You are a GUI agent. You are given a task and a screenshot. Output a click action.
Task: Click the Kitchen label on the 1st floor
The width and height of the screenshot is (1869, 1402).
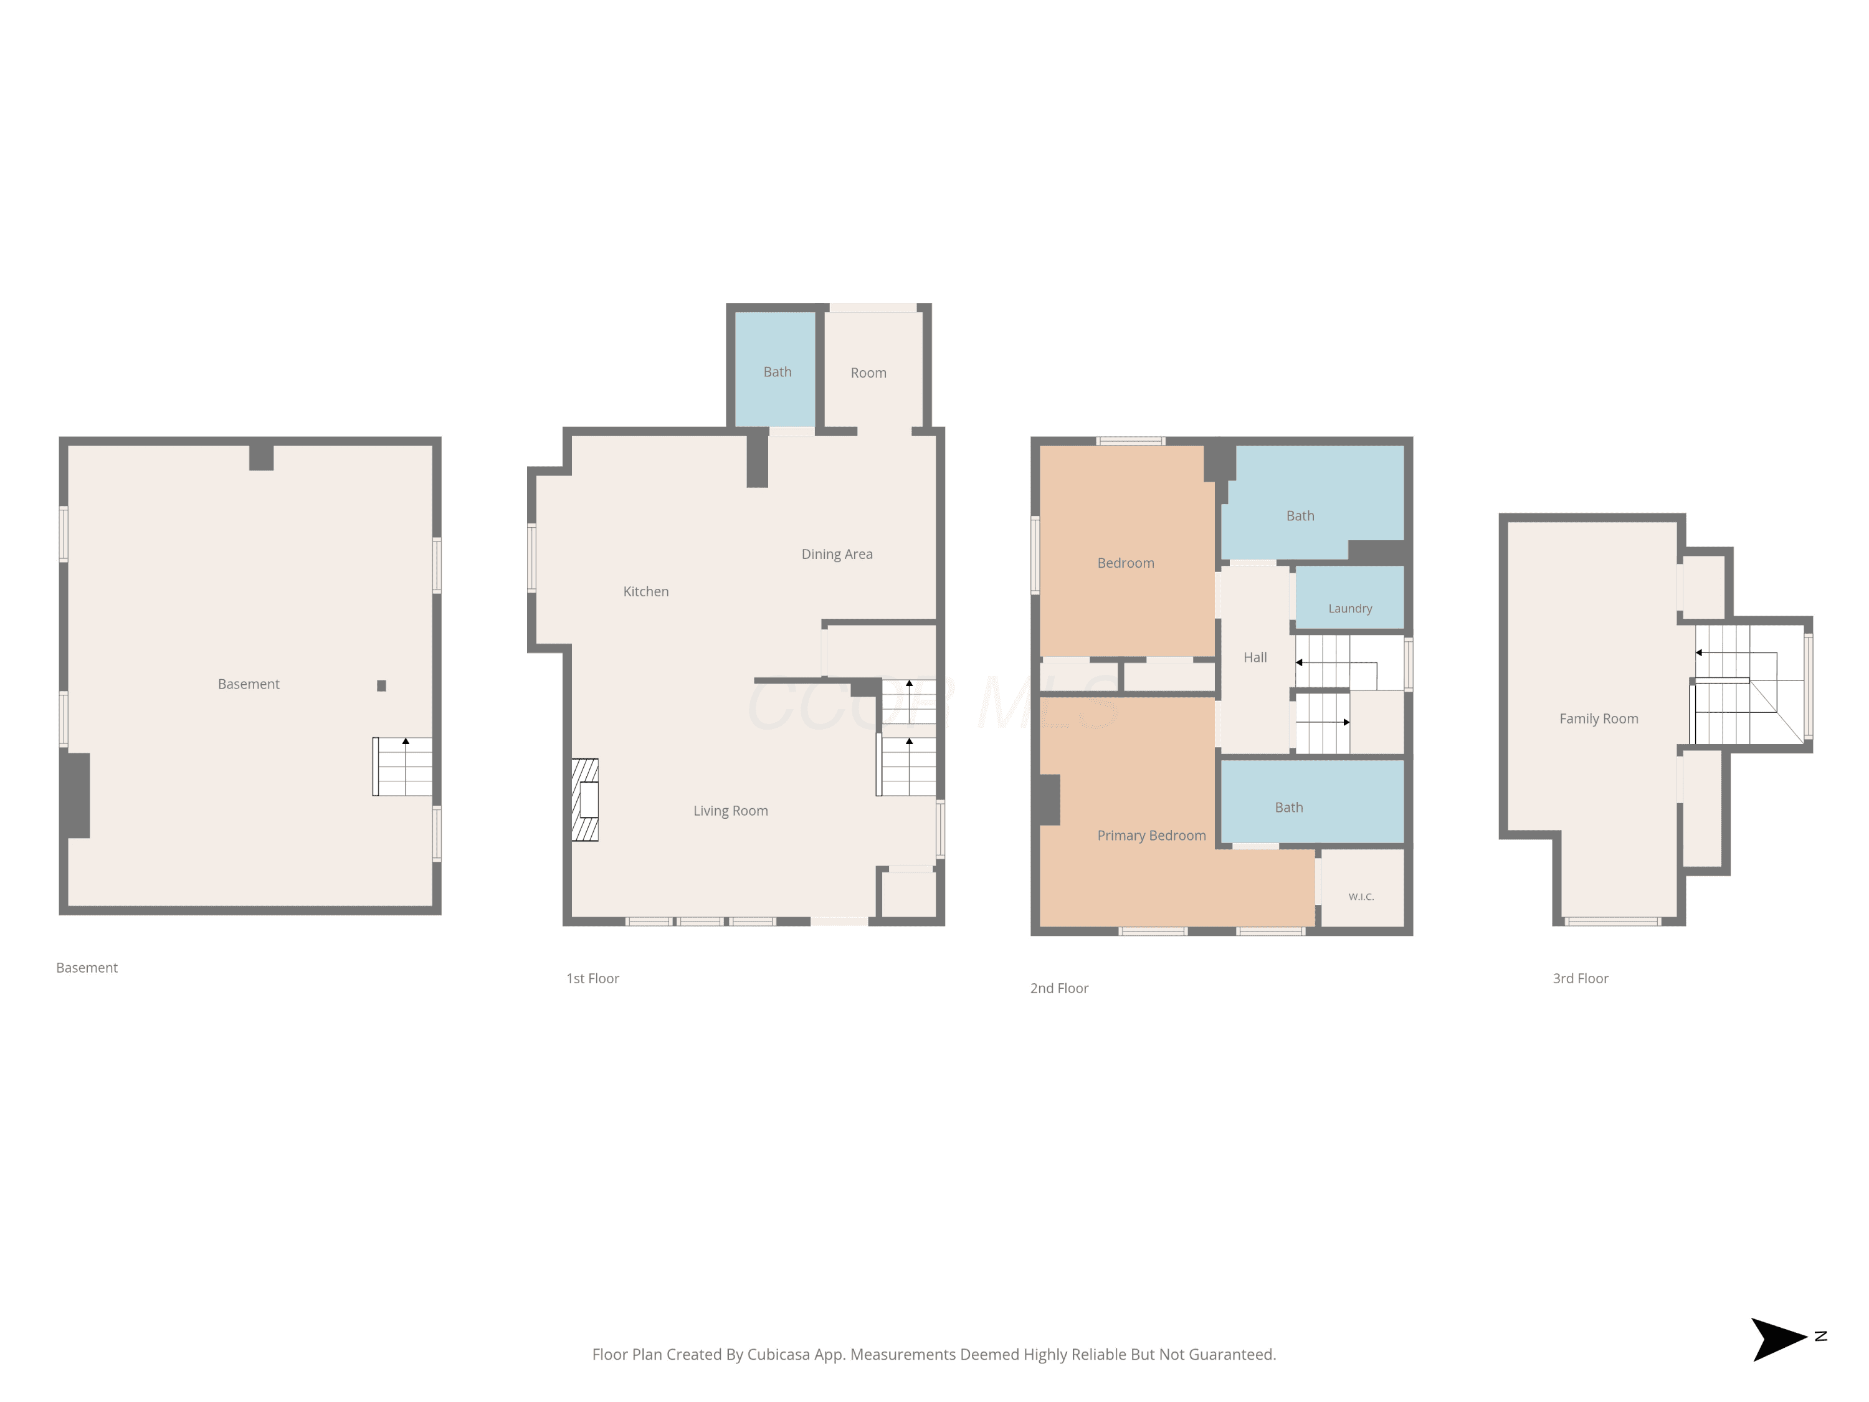[645, 591]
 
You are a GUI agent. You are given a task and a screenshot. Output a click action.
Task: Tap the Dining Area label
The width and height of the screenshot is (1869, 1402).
[837, 555]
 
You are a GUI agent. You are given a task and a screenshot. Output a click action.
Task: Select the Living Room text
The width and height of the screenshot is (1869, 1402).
[730, 811]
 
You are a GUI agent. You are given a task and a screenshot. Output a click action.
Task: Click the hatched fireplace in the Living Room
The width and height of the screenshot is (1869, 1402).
[585, 799]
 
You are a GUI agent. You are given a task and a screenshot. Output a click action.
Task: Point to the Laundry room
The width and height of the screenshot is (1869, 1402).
[1349, 598]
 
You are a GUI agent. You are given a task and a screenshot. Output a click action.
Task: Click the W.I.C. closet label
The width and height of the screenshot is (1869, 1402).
[1361, 897]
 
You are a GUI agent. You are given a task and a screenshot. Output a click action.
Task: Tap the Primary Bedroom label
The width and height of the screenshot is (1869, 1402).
[1151, 836]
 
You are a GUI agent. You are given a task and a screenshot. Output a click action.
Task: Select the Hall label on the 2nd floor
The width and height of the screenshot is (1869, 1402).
[1255, 657]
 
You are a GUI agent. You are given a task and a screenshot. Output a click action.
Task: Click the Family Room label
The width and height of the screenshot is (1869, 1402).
[1599, 719]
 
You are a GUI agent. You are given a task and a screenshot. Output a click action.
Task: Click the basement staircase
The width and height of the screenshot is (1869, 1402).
[403, 766]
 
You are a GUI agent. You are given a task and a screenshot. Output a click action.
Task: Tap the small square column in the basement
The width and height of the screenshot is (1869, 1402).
[381, 686]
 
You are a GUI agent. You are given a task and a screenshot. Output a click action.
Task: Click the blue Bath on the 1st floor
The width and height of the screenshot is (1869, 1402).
[775, 370]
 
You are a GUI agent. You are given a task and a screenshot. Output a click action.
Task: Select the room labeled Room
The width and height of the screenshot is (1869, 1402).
[873, 370]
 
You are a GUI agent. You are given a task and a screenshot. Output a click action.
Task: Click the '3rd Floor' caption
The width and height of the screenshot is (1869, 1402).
[1580, 979]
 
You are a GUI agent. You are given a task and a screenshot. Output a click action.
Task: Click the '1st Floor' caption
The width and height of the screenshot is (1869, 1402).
[592, 979]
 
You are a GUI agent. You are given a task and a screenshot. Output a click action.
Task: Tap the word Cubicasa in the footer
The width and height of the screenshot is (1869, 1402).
[778, 1355]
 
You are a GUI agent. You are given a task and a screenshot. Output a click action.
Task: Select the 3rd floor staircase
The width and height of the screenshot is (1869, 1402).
[1748, 685]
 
